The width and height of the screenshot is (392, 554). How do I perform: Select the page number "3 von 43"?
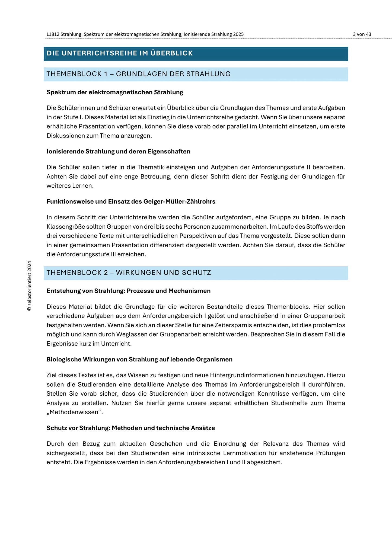pyautogui.click(x=362, y=34)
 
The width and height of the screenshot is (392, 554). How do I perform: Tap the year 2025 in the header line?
pyautogui.click(x=238, y=34)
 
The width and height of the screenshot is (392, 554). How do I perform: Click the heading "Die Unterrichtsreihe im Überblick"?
pyautogui.click(x=120, y=53)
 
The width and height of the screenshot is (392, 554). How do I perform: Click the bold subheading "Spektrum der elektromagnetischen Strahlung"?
pyautogui.click(x=115, y=92)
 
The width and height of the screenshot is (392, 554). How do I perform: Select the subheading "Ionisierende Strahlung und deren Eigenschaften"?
pyautogui.click(x=118, y=152)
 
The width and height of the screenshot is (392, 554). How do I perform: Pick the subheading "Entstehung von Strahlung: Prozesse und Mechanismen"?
pyautogui.click(x=129, y=291)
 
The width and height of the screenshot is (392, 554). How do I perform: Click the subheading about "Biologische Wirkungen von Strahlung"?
pyautogui.click(x=139, y=360)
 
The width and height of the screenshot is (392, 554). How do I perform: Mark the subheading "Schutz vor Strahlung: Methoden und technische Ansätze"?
pyautogui.click(x=131, y=428)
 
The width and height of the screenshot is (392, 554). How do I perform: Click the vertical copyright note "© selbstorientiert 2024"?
pyautogui.click(x=30, y=286)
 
